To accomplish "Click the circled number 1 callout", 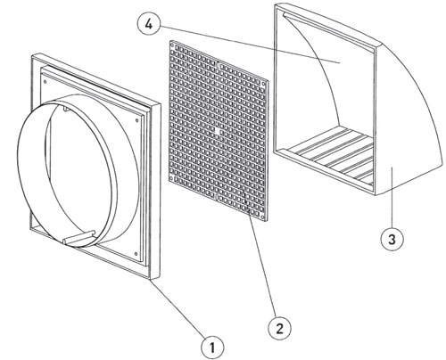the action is tap(212, 347).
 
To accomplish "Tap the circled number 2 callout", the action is tap(279, 328).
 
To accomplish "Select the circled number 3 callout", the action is tap(392, 239).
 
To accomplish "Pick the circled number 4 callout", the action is tap(149, 25).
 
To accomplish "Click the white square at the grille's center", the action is tap(219, 132).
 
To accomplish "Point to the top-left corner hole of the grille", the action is tap(172, 45).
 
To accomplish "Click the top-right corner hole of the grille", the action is tap(264, 84).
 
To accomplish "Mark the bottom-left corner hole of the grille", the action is tap(172, 178).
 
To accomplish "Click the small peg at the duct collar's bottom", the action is tap(79, 238).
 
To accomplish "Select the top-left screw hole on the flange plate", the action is tap(45, 82).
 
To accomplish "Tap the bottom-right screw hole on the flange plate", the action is tap(136, 254).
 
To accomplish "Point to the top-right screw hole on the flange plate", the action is tap(136, 120).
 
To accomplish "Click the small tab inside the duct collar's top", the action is tap(66, 110).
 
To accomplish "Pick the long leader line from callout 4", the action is tap(249, 45).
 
